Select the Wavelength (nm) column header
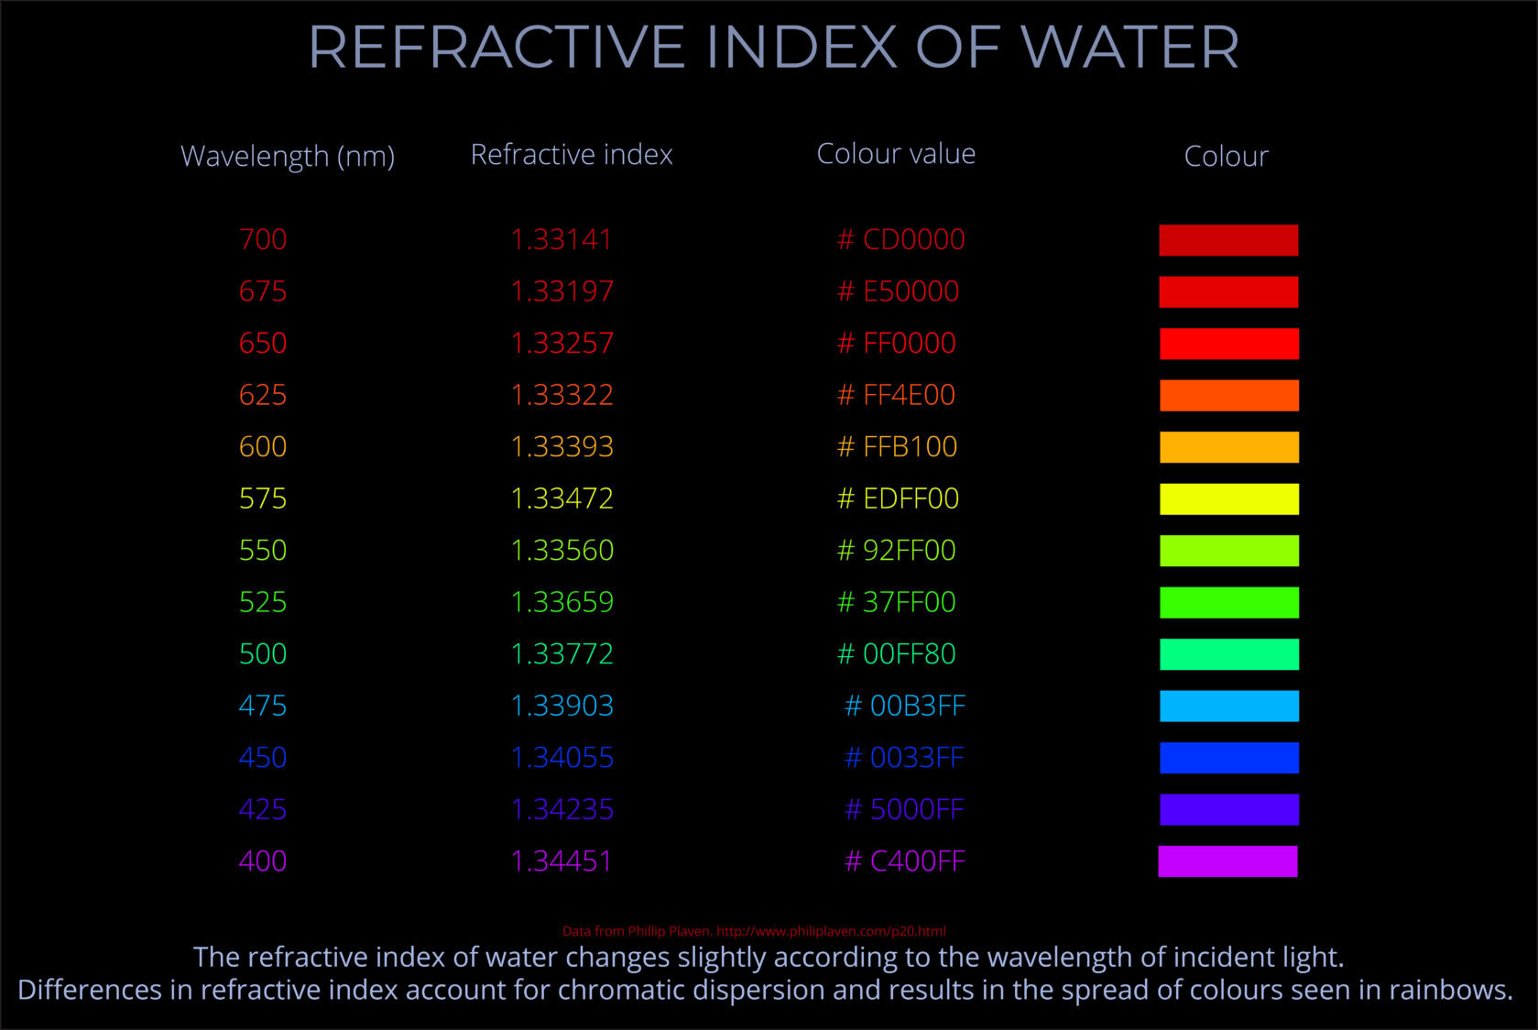[288, 156]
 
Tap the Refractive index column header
[572, 155]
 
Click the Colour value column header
[896, 154]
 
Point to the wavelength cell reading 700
[263, 239]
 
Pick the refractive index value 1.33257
[562, 343]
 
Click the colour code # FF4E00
[896, 395]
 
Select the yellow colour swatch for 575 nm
[1228, 499]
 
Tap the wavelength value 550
[263, 550]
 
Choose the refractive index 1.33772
[562, 653]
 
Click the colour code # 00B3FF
[904, 706]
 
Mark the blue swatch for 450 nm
[1228, 758]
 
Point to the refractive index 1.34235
[562, 809]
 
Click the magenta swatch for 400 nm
[1227, 861]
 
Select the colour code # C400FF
[904, 861]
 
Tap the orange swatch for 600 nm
[1228, 447]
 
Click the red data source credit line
[754, 931]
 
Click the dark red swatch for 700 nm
[1228, 240]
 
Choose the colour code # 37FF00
[896, 602]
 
